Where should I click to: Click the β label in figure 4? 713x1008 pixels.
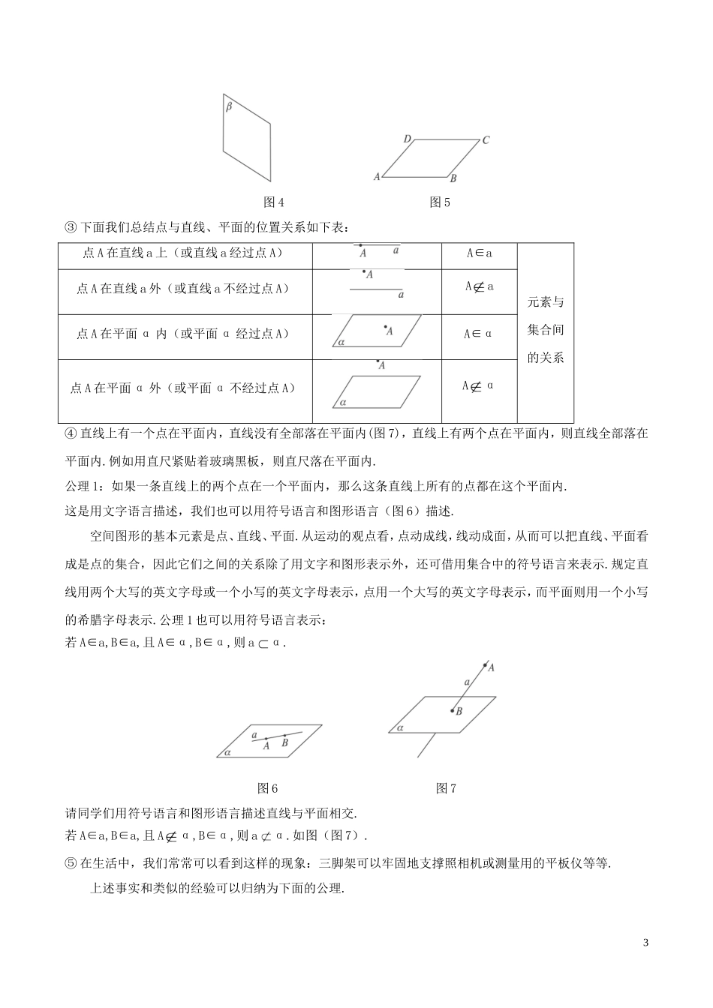tap(228, 107)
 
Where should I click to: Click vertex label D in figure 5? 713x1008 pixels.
tap(407, 139)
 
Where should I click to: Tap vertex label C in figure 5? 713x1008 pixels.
tap(486, 139)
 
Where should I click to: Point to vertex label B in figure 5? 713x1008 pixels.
tap(453, 178)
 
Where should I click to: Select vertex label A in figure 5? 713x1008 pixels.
tap(377, 177)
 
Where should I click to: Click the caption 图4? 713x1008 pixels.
tap(275, 202)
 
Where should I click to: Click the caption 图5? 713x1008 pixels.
tap(440, 202)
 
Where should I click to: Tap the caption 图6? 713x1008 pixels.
tap(268, 788)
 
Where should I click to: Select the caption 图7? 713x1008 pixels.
tap(446, 788)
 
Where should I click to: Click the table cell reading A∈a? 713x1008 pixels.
tap(479, 253)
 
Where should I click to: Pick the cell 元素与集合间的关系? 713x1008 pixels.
tap(546, 330)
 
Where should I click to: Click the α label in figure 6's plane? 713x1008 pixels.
tap(227, 752)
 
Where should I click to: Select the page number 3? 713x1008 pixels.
tap(645, 943)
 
